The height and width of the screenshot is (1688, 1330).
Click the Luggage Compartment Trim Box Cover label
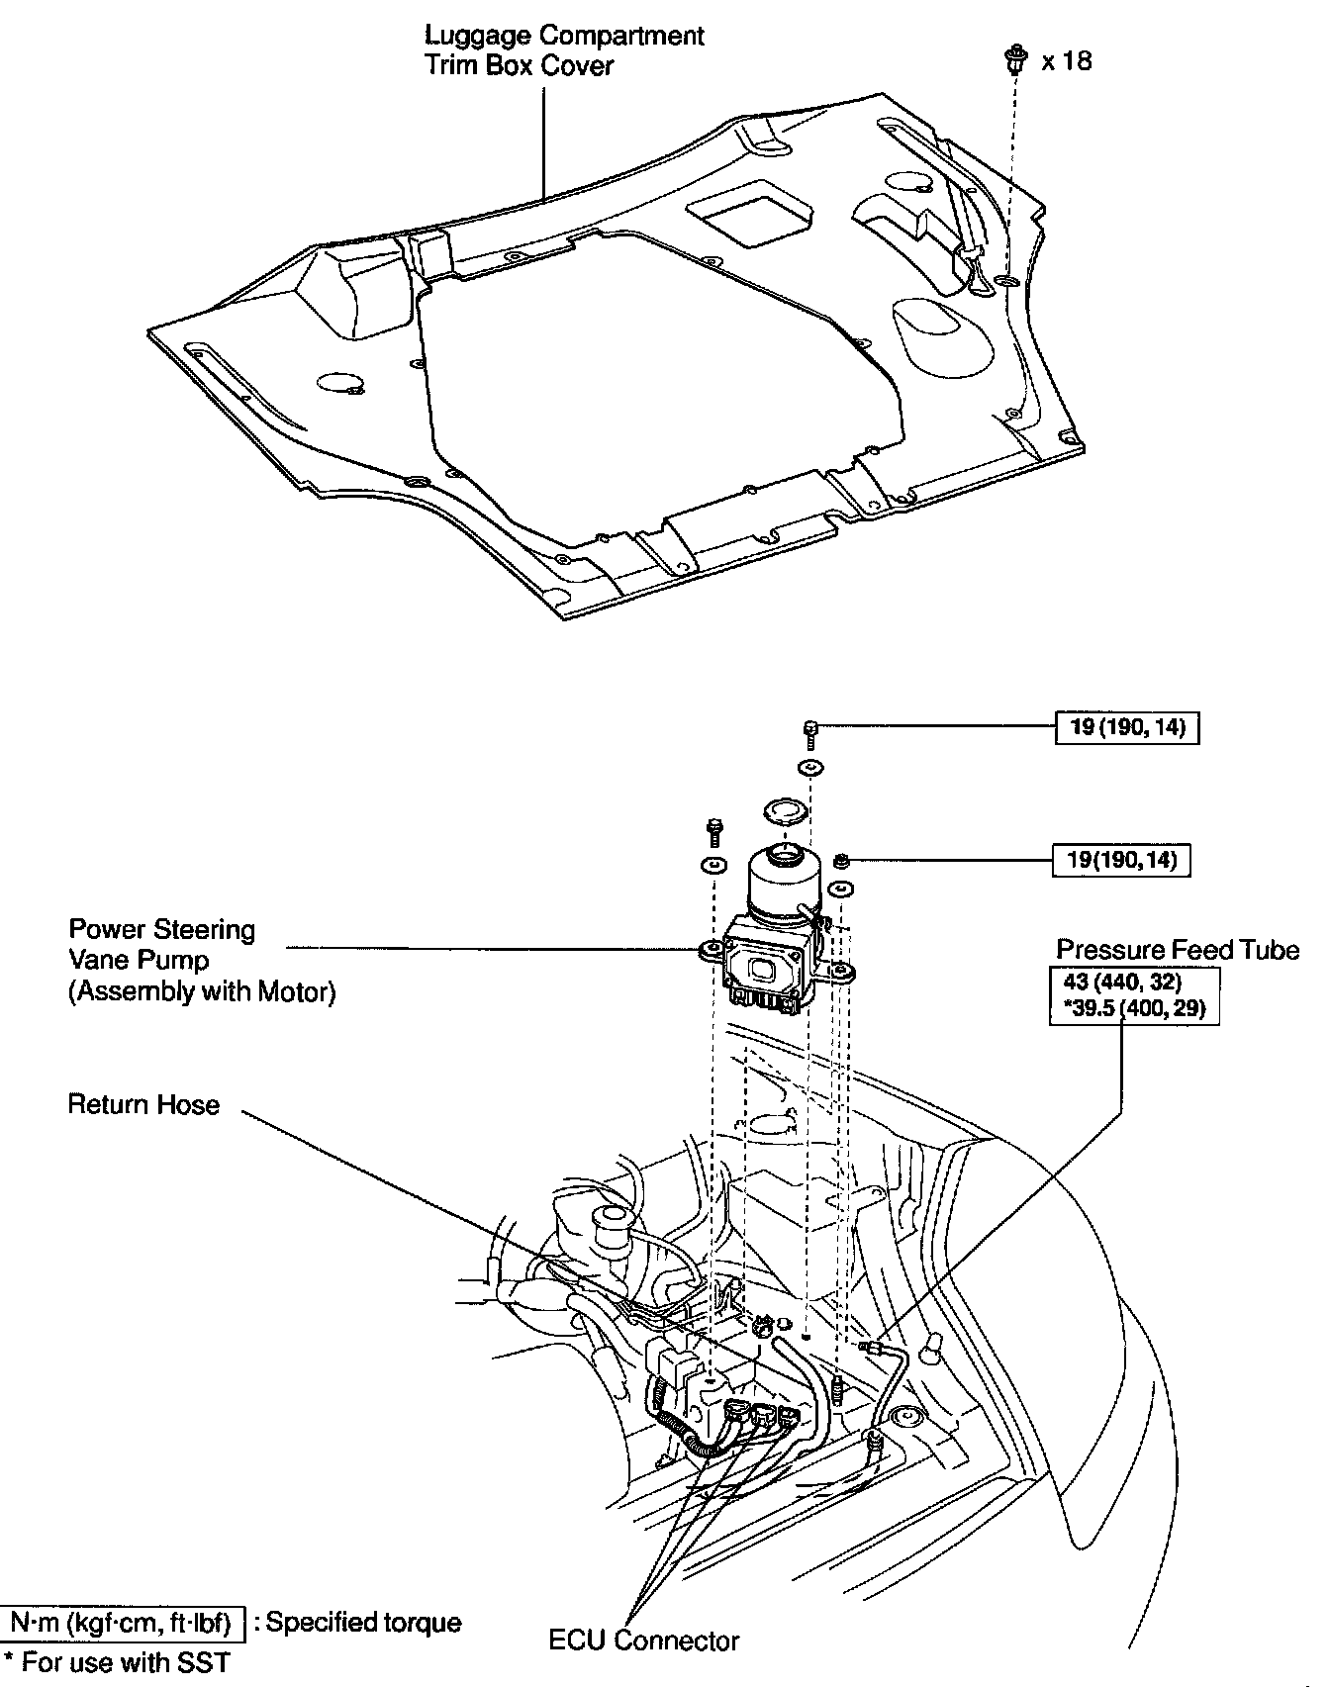[564, 50]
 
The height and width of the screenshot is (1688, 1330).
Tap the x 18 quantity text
[1067, 61]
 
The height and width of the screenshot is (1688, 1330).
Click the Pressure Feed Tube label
[1177, 950]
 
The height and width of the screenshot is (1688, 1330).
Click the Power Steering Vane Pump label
[202, 960]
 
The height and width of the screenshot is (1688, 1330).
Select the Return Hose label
[144, 1104]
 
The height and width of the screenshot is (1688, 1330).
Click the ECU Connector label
[643, 1641]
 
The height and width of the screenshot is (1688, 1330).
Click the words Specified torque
[363, 1624]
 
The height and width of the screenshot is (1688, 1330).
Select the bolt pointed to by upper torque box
[808, 729]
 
